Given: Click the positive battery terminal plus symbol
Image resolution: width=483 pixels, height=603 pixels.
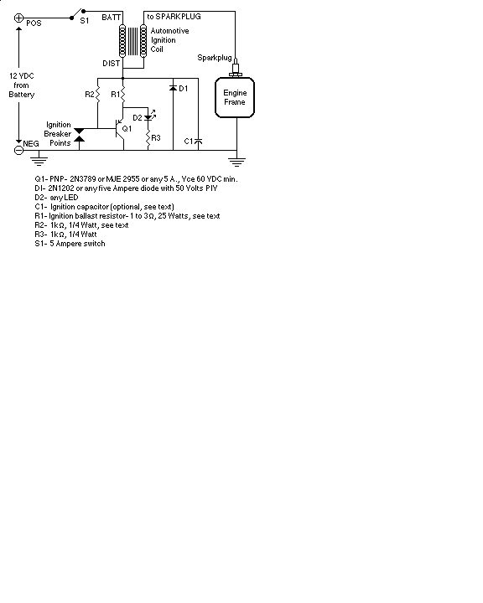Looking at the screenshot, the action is pyautogui.click(x=18, y=18).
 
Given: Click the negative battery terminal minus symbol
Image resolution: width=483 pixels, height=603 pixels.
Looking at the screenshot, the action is pyautogui.click(x=18, y=151).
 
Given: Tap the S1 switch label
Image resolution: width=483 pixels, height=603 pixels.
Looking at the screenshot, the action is pyautogui.click(x=85, y=21).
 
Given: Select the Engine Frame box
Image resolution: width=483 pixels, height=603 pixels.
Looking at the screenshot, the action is pyautogui.click(x=235, y=97).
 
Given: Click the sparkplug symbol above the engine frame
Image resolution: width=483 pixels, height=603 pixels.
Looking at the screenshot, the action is pyautogui.click(x=236, y=68).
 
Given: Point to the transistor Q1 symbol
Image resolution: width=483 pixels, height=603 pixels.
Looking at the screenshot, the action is pyautogui.click(x=121, y=129).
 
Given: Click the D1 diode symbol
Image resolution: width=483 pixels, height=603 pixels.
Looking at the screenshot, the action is pyautogui.click(x=173, y=88).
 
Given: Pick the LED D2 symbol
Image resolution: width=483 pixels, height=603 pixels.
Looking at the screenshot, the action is pyautogui.click(x=149, y=116).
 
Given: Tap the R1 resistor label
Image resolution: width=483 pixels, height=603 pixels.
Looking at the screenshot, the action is pyautogui.click(x=115, y=94).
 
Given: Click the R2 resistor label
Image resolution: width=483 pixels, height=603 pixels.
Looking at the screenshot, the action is pyautogui.click(x=90, y=94).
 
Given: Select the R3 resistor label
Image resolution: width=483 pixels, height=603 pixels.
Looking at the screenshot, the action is pyautogui.click(x=156, y=137).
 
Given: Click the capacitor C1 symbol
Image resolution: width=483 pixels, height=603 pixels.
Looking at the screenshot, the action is pyautogui.click(x=199, y=142).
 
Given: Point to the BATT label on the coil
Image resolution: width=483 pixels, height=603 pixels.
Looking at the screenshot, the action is pyautogui.click(x=111, y=18).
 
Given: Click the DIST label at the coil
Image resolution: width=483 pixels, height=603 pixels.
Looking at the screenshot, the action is pyautogui.click(x=111, y=64).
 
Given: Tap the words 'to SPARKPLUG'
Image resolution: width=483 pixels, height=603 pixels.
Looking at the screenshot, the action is pyautogui.click(x=174, y=17).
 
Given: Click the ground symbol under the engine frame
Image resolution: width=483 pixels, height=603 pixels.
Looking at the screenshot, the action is pyautogui.click(x=236, y=162).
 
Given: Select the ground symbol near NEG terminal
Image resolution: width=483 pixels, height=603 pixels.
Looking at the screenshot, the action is pyautogui.click(x=39, y=161).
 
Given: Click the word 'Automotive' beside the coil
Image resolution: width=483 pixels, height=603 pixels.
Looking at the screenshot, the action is pyautogui.click(x=169, y=31).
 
